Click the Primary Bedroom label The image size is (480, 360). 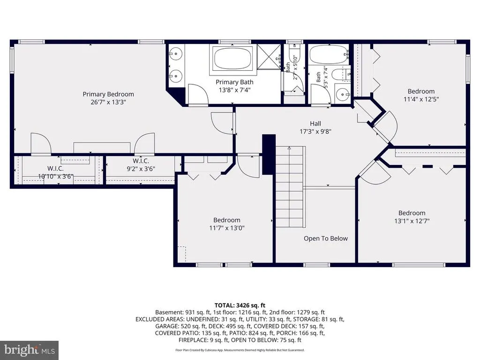point(108,94)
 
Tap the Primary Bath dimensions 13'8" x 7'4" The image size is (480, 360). point(234,90)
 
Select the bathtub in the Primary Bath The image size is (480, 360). point(232,58)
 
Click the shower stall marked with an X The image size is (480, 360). point(269,57)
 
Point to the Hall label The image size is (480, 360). point(315,123)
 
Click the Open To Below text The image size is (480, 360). point(326,239)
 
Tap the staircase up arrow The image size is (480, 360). point(289,148)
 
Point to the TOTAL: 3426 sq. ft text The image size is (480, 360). point(240,305)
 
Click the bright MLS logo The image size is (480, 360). point(30,350)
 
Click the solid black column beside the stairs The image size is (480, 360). point(269,155)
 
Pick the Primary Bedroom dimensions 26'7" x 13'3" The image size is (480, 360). point(108,102)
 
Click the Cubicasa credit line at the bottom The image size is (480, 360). point(240,350)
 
